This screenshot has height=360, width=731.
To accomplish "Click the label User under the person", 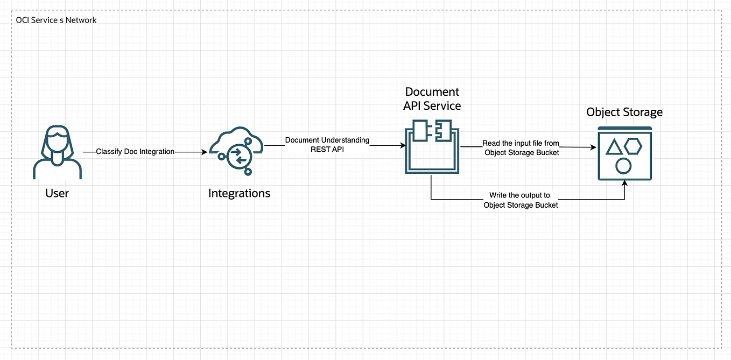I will coord(57,193).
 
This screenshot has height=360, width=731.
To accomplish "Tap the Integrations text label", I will coord(239,193).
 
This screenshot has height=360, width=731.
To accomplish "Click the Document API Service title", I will coord(432,98).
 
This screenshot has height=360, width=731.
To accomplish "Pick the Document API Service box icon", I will coord(431,146).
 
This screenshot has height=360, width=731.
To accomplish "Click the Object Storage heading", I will coord(624,112).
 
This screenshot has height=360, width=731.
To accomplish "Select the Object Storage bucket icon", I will coord(624,153).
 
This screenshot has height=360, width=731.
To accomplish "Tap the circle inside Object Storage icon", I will coord(623,166).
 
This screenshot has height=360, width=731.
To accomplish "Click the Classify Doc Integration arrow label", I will coord(135,152).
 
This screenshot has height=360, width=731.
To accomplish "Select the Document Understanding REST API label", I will coord(327,145).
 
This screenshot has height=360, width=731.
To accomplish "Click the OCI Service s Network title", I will coord(57,20).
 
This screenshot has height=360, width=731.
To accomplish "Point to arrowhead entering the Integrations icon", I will coord(204,152).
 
